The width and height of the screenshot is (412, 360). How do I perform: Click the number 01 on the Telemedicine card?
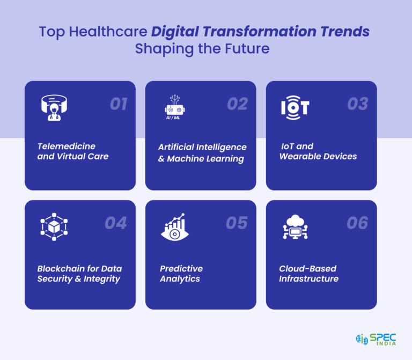click(x=118, y=104)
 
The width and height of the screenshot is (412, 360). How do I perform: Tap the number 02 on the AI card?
click(x=237, y=104)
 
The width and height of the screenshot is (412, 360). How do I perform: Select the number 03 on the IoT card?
click(x=357, y=104)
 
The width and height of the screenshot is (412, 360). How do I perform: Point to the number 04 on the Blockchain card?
click(x=115, y=223)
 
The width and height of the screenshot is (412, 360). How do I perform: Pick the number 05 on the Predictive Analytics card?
click(x=237, y=223)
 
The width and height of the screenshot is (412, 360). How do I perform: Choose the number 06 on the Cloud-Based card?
click(x=357, y=223)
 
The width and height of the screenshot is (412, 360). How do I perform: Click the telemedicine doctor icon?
click(x=54, y=107)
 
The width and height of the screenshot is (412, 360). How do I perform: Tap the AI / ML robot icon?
click(x=175, y=106)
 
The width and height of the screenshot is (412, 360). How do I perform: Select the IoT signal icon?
click(x=295, y=107)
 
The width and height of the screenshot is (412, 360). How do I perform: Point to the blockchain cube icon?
click(x=54, y=226)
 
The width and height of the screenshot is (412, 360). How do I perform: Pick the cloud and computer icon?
click(x=295, y=226)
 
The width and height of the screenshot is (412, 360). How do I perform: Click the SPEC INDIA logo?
click(x=376, y=340)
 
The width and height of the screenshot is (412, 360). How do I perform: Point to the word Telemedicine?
click(x=67, y=146)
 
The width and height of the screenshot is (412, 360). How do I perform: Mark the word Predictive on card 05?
click(x=181, y=268)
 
